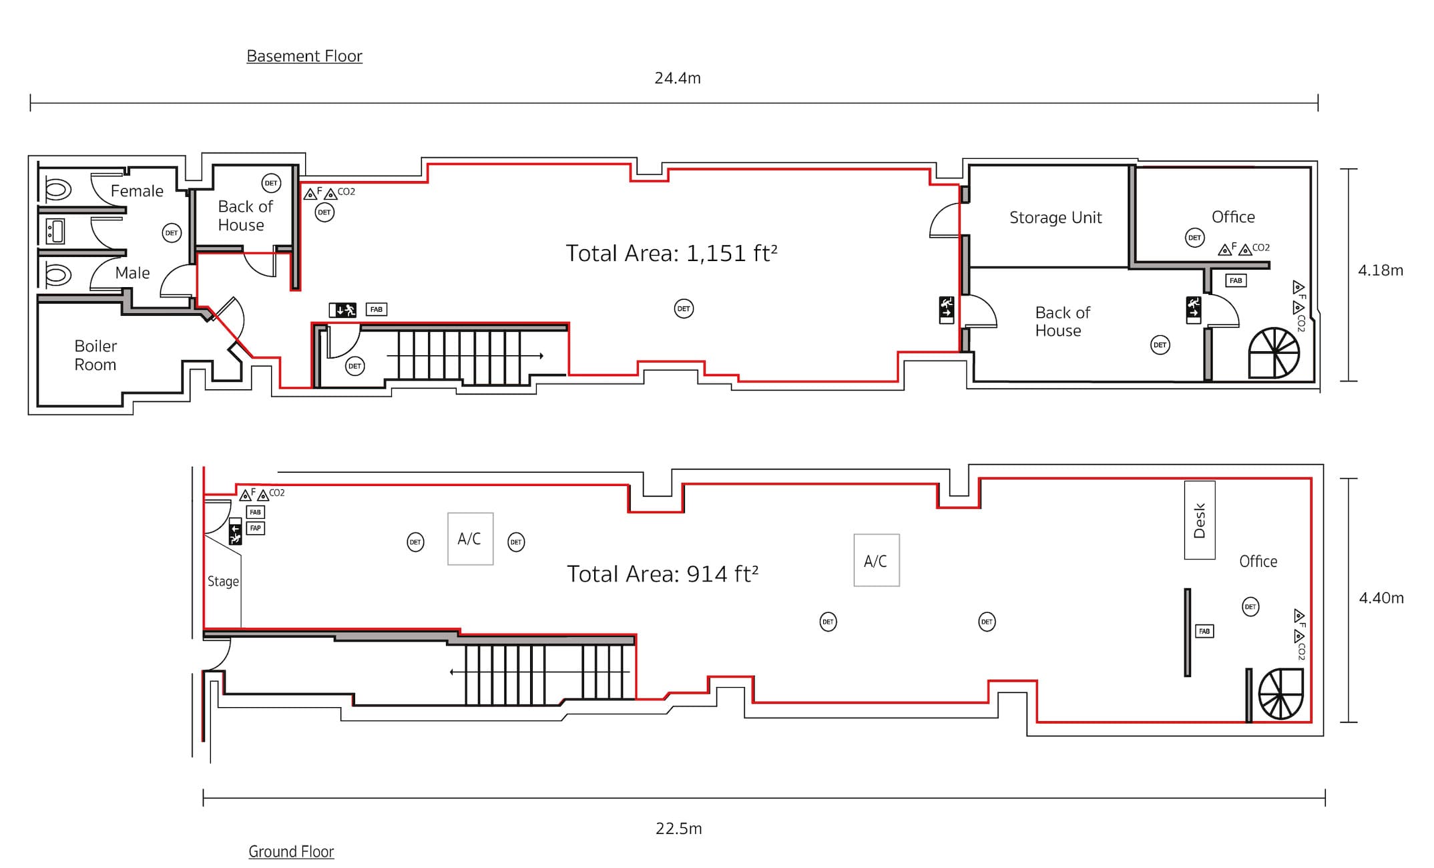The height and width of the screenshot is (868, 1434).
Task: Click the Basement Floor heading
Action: pyautogui.click(x=304, y=56)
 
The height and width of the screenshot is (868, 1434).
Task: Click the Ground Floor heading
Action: pyautogui.click(x=291, y=851)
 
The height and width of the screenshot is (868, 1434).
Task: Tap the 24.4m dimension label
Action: pyautogui.click(x=678, y=78)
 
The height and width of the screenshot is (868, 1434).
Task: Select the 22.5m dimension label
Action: pyautogui.click(x=678, y=829)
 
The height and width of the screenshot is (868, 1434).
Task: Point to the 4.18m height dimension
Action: pyautogui.click(x=1381, y=270)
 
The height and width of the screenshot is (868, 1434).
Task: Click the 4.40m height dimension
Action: pyautogui.click(x=1381, y=598)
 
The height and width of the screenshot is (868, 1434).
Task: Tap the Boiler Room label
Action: pyautogui.click(x=95, y=355)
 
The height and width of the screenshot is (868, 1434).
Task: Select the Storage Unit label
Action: pyautogui.click(x=1055, y=217)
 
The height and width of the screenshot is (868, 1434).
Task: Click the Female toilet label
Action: pyautogui.click(x=137, y=191)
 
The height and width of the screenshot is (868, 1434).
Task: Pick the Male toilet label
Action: pyautogui.click(x=132, y=272)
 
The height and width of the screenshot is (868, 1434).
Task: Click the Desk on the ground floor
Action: pyautogui.click(x=1200, y=520)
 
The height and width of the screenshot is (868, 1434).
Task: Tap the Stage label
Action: pyautogui.click(x=223, y=582)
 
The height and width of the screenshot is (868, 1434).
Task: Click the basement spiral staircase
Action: pyautogui.click(x=1274, y=353)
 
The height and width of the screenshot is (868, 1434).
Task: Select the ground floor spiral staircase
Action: pyautogui.click(x=1280, y=694)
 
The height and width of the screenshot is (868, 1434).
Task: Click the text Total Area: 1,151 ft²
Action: pyautogui.click(x=672, y=253)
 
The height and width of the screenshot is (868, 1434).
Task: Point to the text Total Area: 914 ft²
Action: pyautogui.click(x=662, y=574)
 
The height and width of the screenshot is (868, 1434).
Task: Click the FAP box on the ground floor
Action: pyautogui.click(x=256, y=528)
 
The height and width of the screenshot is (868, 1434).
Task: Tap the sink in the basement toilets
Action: pyautogui.click(x=55, y=232)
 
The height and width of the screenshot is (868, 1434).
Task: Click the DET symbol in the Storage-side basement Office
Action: pyautogui.click(x=1194, y=238)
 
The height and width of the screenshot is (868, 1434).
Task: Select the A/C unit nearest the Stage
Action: pyautogui.click(x=470, y=539)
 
